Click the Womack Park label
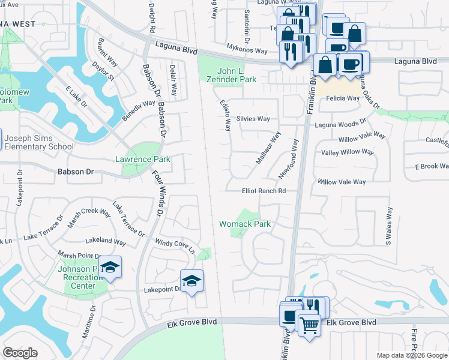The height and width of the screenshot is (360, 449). point(245,224)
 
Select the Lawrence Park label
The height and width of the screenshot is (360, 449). point(143,159)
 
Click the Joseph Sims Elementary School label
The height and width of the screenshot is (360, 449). point(39,142)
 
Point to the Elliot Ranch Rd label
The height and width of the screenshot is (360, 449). point(263,191)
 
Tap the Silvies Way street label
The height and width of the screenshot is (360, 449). point(253,118)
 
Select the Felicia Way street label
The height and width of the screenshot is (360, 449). point(343,98)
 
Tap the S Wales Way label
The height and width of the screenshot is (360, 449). point(388,226)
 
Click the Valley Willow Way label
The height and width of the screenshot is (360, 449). point(348,152)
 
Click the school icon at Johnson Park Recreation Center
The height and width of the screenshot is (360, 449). point(110,266)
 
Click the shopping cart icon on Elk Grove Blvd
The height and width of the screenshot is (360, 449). point(309,326)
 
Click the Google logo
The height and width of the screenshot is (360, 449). point(20,353)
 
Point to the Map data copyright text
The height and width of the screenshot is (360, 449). point(412,355)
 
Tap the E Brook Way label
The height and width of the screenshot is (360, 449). point(431,166)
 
